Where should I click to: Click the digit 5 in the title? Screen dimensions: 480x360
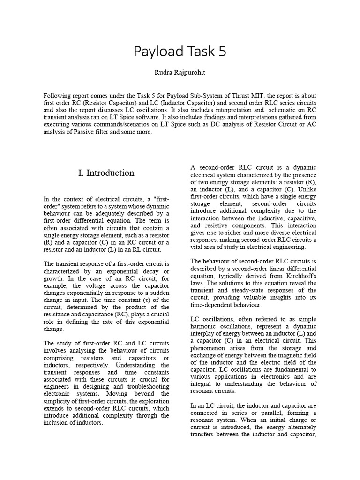[x=221, y=52]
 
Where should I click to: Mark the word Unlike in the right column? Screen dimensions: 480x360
[x=307, y=189]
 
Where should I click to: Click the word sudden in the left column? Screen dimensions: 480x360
[x=159, y=292]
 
